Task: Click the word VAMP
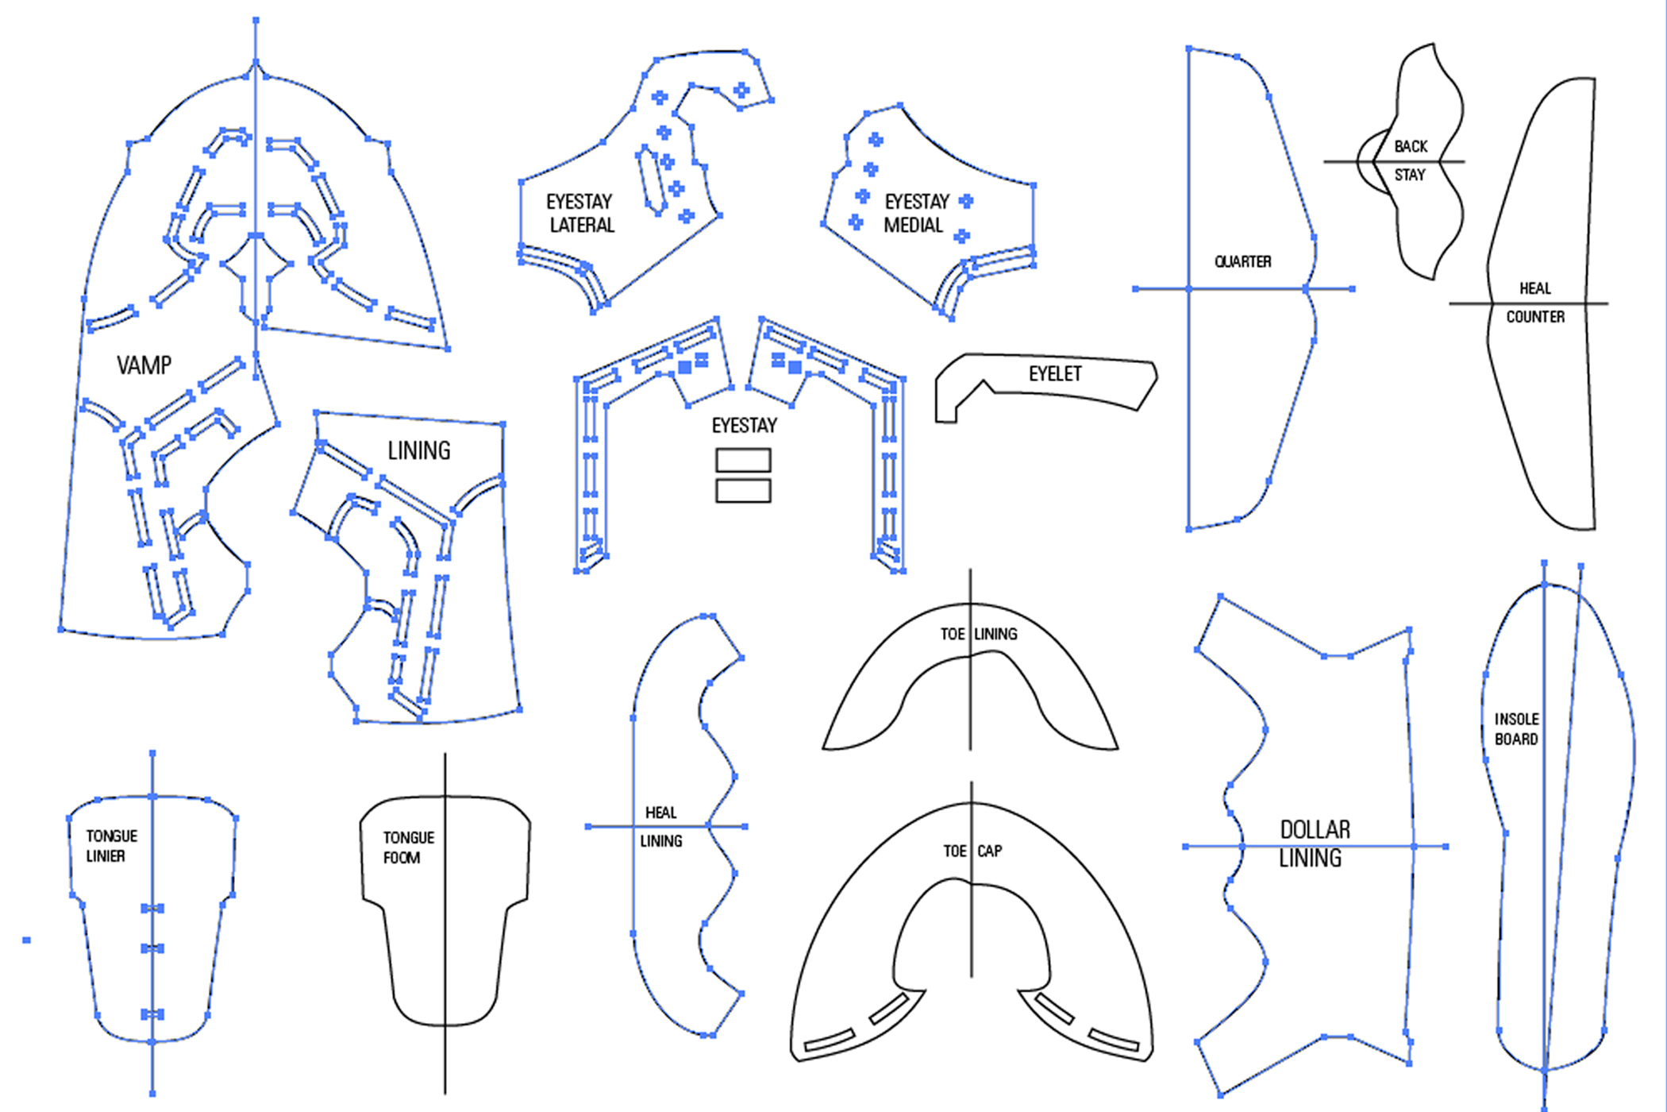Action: tap(144, 365)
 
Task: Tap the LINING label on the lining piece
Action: tap(419, 451)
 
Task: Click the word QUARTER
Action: tap(1242, 262)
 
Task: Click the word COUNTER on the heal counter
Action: tap(1535, 317)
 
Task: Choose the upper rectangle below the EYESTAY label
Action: tap(743, 461)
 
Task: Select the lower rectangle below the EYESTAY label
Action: tap(743, 490)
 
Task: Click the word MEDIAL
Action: tap(913, 226)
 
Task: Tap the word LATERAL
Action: tap(582, 226)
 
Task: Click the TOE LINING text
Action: tap(978, 634)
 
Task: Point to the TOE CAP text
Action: tap(973, 851)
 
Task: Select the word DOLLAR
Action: tap(1315, 830)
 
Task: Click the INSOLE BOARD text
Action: tap(1516, 729)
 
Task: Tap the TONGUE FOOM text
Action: tap(408, 848)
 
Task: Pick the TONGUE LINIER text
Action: tap(111, 846)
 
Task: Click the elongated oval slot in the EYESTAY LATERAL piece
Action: tap(650, 180)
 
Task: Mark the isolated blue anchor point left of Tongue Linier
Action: tap(26, 940)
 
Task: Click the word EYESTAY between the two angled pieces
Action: tap(744, 426)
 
